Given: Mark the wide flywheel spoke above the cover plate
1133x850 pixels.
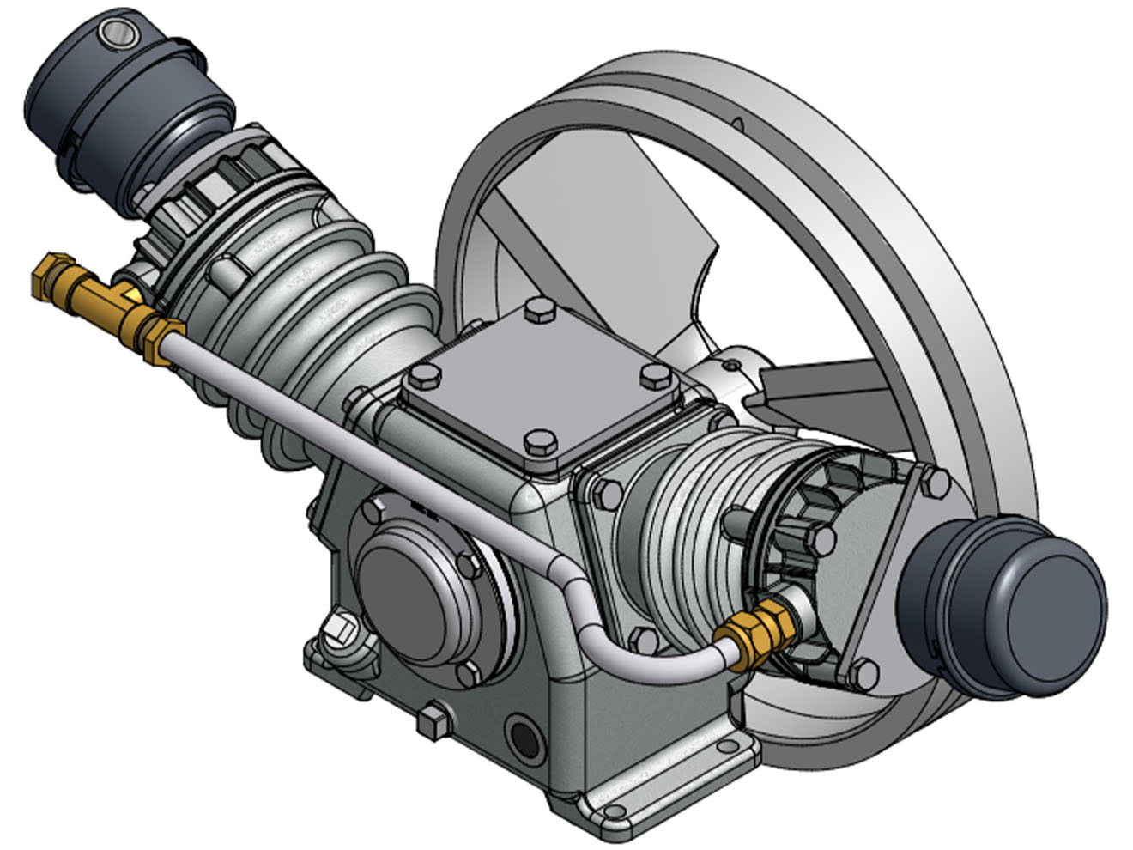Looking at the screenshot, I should click(601, 223).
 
